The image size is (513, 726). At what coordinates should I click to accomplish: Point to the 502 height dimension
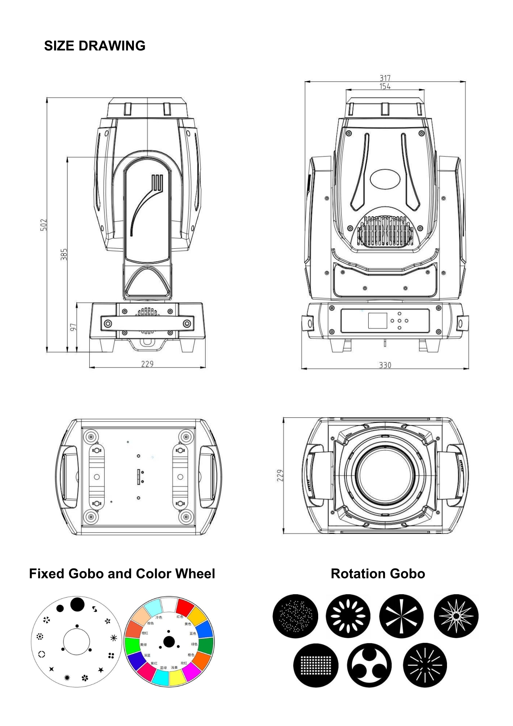pyautogui.click(x=44, y=225)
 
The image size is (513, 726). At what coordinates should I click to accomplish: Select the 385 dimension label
pyautogui.click(x=64, y=254)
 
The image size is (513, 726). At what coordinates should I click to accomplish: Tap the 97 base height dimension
pyautogui.click(x=73, y=327)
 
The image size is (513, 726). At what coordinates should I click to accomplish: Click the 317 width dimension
pyautogui.click(x=385, y=78)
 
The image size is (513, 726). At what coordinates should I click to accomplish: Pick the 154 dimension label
pyautogui.click(x=385, y=86)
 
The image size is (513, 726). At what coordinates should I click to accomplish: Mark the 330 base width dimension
pyautogui.click(x=385, y=365)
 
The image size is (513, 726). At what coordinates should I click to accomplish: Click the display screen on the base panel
pyautogui.click(x=377, y=321)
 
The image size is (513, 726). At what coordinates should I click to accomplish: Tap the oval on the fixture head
pyautogui.click(x=385, y=179)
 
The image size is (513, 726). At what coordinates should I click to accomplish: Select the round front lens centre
pyautogui.click(x=385, y=476)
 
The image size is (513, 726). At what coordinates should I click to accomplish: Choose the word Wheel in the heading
pyautogui.click(x=195, y=574)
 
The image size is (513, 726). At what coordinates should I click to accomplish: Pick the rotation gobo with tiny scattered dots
pyautogui.click(x=295, y=616)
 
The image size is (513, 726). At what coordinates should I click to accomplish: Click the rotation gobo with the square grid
pyautogui.click(x=316, y=665)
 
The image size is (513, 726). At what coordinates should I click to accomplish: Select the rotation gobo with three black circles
pyautogui.click(x=369, y=665)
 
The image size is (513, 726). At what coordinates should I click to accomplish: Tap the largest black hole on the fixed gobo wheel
pyautogui.click(x=77, y=604)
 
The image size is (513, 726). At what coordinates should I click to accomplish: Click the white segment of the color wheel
pyautogui.click(x=169, y=605)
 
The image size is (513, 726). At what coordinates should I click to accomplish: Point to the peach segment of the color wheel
pyautogui.click(x=141, y=616)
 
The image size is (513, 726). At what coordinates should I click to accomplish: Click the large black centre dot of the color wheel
pyautogui.click(x=169, y=642)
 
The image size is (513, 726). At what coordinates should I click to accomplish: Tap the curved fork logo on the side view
pyautogui.click(x=147, y=203)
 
